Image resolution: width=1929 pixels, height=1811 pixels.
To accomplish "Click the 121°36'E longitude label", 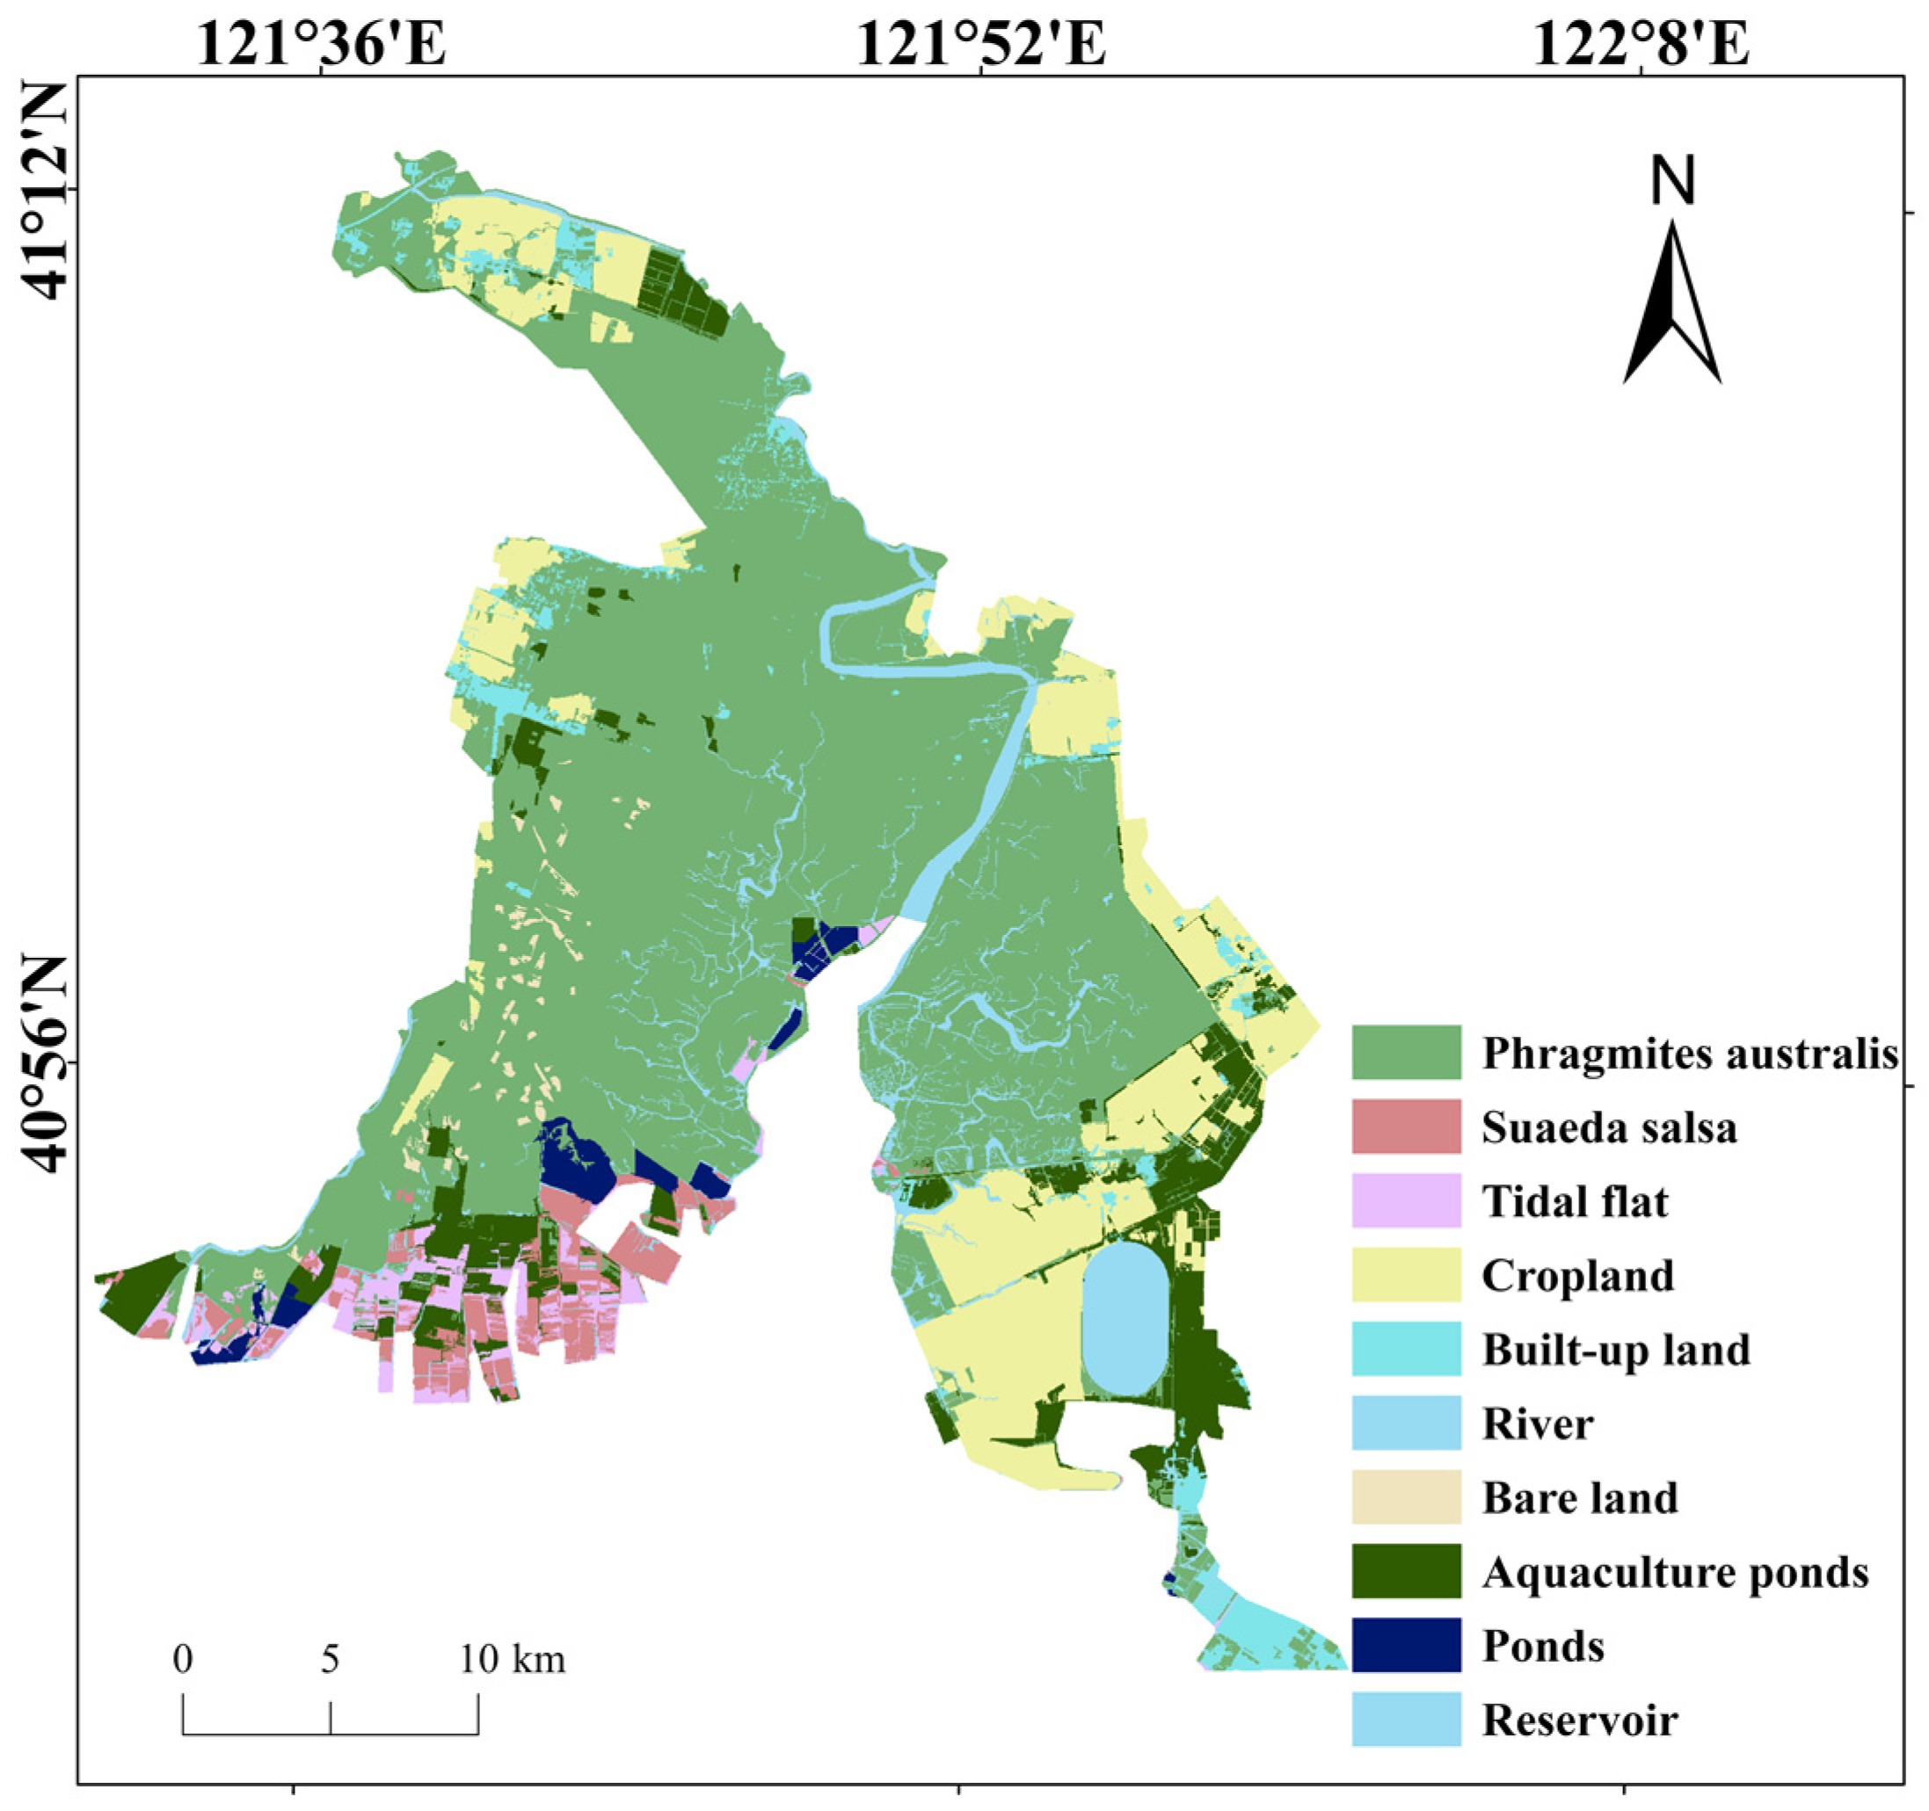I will point(321,44).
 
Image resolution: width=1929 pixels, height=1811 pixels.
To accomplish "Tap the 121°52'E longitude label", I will point(980,44).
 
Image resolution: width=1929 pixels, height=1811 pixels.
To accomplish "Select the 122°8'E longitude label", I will point(1641,44).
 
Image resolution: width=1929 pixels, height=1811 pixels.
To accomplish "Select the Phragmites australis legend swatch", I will point(1406,1052).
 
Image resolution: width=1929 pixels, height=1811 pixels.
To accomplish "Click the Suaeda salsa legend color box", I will point(1406,1126).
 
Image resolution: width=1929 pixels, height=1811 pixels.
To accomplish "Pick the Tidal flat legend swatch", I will point(1406,1200).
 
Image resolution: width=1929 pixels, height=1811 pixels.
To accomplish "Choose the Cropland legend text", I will point(1577,1275).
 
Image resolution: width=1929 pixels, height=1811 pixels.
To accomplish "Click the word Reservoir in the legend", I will point(1580,1720).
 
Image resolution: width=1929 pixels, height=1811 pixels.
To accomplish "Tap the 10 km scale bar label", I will point(513,1659).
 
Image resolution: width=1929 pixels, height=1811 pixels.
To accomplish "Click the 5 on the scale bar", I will point(330,1659).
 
